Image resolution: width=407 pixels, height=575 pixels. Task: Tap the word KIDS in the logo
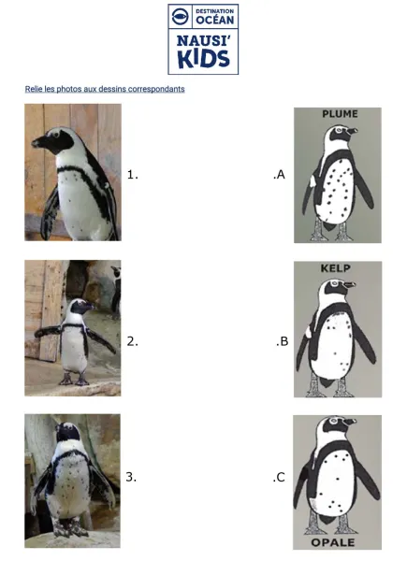pos(203,58)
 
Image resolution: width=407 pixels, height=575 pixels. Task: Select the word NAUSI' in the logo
pos(203,40)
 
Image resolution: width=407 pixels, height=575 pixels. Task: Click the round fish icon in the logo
pos(181,17)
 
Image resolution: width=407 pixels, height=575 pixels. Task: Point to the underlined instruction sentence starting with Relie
pos(105,89)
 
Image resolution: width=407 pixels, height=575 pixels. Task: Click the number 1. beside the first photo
pos(133,173)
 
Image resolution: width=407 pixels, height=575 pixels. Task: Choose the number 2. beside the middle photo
pos(133,341)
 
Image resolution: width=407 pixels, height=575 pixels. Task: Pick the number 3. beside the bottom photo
pos(132,477)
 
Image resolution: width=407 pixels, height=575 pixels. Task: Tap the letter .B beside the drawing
pos(282,341)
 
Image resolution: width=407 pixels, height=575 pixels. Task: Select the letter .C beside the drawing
pos(279,477)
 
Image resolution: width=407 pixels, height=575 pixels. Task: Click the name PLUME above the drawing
pos(340,114)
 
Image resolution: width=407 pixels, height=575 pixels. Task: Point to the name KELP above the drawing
pos(335,268)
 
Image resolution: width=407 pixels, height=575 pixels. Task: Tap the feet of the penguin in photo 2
pos(74,381)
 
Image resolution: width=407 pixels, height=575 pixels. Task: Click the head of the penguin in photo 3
pos(66,433)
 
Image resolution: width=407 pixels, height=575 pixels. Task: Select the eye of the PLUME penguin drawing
pos(341,133)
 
